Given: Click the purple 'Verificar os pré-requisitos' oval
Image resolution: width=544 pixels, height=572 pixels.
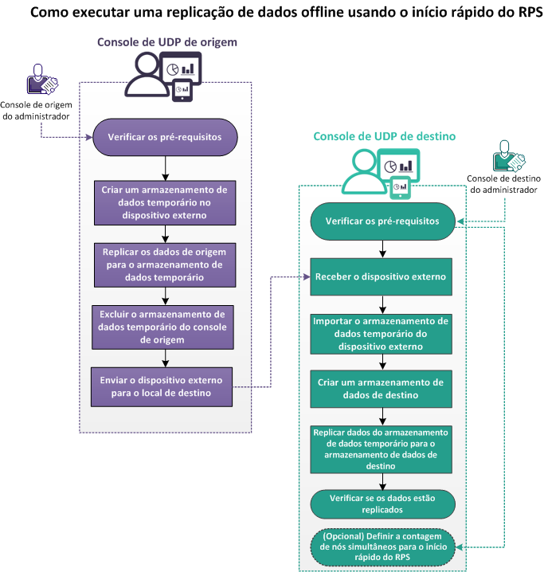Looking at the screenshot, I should coord(165,136).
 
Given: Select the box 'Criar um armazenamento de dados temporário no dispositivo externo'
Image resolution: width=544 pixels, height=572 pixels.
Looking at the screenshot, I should coord(165,203).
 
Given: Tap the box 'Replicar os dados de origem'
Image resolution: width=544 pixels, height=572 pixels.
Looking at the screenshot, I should coord(165,265).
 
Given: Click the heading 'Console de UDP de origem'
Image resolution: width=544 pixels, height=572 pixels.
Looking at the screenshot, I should coord(167,42).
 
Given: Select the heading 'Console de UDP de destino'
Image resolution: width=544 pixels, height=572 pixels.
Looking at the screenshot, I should coord(384,136).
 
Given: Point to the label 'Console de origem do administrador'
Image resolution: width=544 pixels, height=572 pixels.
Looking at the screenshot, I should coord(34,110).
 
